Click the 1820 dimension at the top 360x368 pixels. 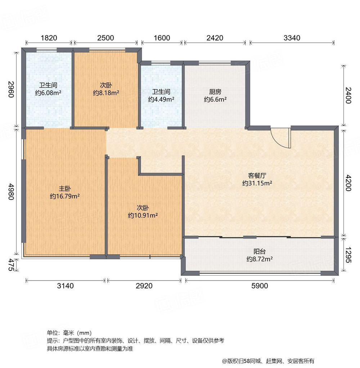[x=48, y=38]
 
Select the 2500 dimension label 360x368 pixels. [x=105, y=38]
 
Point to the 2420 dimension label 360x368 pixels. [x=215, y=38]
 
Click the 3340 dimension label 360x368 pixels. [x=292, y=38]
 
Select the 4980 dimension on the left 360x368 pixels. [x=11, y=193]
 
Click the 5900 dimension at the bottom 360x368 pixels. [x=260, y=286]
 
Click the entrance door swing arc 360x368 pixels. [x=280, y=138]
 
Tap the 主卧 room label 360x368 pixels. [x=65, y=188]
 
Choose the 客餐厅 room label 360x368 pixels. [x=257, y=176]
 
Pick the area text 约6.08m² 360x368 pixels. [x=48, y=93]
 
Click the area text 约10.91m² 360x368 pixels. [x=143, y=215]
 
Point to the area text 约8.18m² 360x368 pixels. [x=106, y=93]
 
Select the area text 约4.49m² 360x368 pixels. [x=161, y=99]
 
